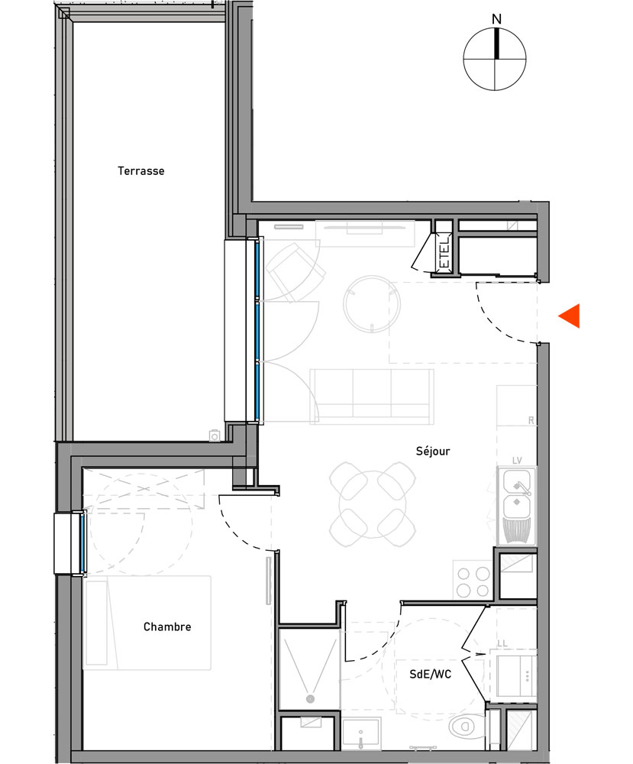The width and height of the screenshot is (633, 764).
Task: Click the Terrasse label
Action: click(140, 171)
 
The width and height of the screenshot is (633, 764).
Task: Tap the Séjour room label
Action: click(434, 451)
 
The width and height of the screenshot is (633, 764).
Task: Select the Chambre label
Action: click(167, 627)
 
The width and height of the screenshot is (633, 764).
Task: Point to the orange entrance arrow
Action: click(570, 316)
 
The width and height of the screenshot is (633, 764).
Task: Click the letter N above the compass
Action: click(496, 18)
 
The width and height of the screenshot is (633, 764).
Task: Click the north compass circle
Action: click(496, 59)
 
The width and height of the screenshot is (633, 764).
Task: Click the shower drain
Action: click(310, 698)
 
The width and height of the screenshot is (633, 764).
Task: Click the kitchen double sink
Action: click(517, 494)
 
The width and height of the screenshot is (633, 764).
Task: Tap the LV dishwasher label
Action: click(516, 461)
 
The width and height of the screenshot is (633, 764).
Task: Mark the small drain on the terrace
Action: click(215, 435)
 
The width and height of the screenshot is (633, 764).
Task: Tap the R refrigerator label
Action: click(530, 420)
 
